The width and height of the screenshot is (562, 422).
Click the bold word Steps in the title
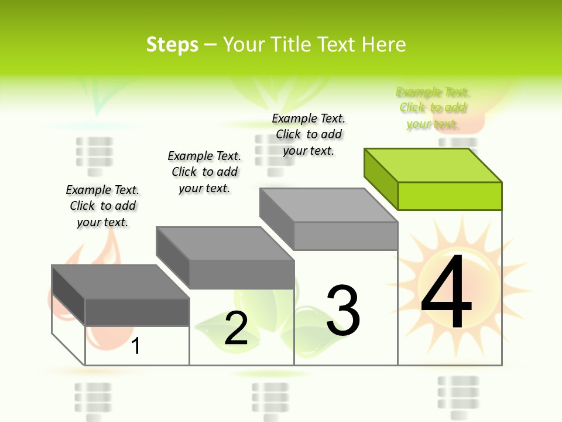click(172, 45)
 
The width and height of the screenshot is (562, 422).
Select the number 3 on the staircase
click(343, 310)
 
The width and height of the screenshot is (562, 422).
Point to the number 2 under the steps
click(236, 328)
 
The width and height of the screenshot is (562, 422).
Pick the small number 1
click(136, 346)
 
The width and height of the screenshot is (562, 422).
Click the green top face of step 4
click(433, 165)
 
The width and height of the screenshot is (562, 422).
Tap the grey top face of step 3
click(328, 205)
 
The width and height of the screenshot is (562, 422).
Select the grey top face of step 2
click(225, 244)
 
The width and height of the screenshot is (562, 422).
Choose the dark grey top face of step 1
click(121, 282)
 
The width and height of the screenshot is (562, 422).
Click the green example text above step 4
click(433, 108)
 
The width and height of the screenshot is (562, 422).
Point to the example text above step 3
click(309, 134)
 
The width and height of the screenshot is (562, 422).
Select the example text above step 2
click(204, 172)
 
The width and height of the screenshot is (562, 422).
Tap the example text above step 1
click(102, 206)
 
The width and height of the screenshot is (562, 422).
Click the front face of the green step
click(450, 196)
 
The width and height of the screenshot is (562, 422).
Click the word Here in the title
click(383, 45)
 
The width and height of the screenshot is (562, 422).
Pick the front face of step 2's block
click(242, 274)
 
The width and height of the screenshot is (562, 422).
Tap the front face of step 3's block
click(345, 236)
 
